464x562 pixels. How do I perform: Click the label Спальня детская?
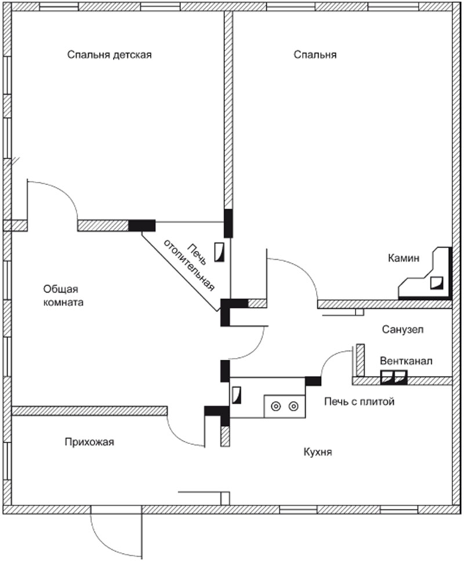pos(109,55)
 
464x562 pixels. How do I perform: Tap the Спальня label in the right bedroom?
pos(315,55)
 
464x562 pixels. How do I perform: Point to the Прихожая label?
pos(90,442)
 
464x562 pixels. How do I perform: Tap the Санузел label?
pos(403,330)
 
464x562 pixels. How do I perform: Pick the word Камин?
pos(404,258)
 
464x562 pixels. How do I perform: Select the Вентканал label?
pos(406,361)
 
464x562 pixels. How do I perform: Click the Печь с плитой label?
pos(358,401)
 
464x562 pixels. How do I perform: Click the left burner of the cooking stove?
pos(276,406)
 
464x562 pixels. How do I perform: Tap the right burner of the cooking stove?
pos(294,406)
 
